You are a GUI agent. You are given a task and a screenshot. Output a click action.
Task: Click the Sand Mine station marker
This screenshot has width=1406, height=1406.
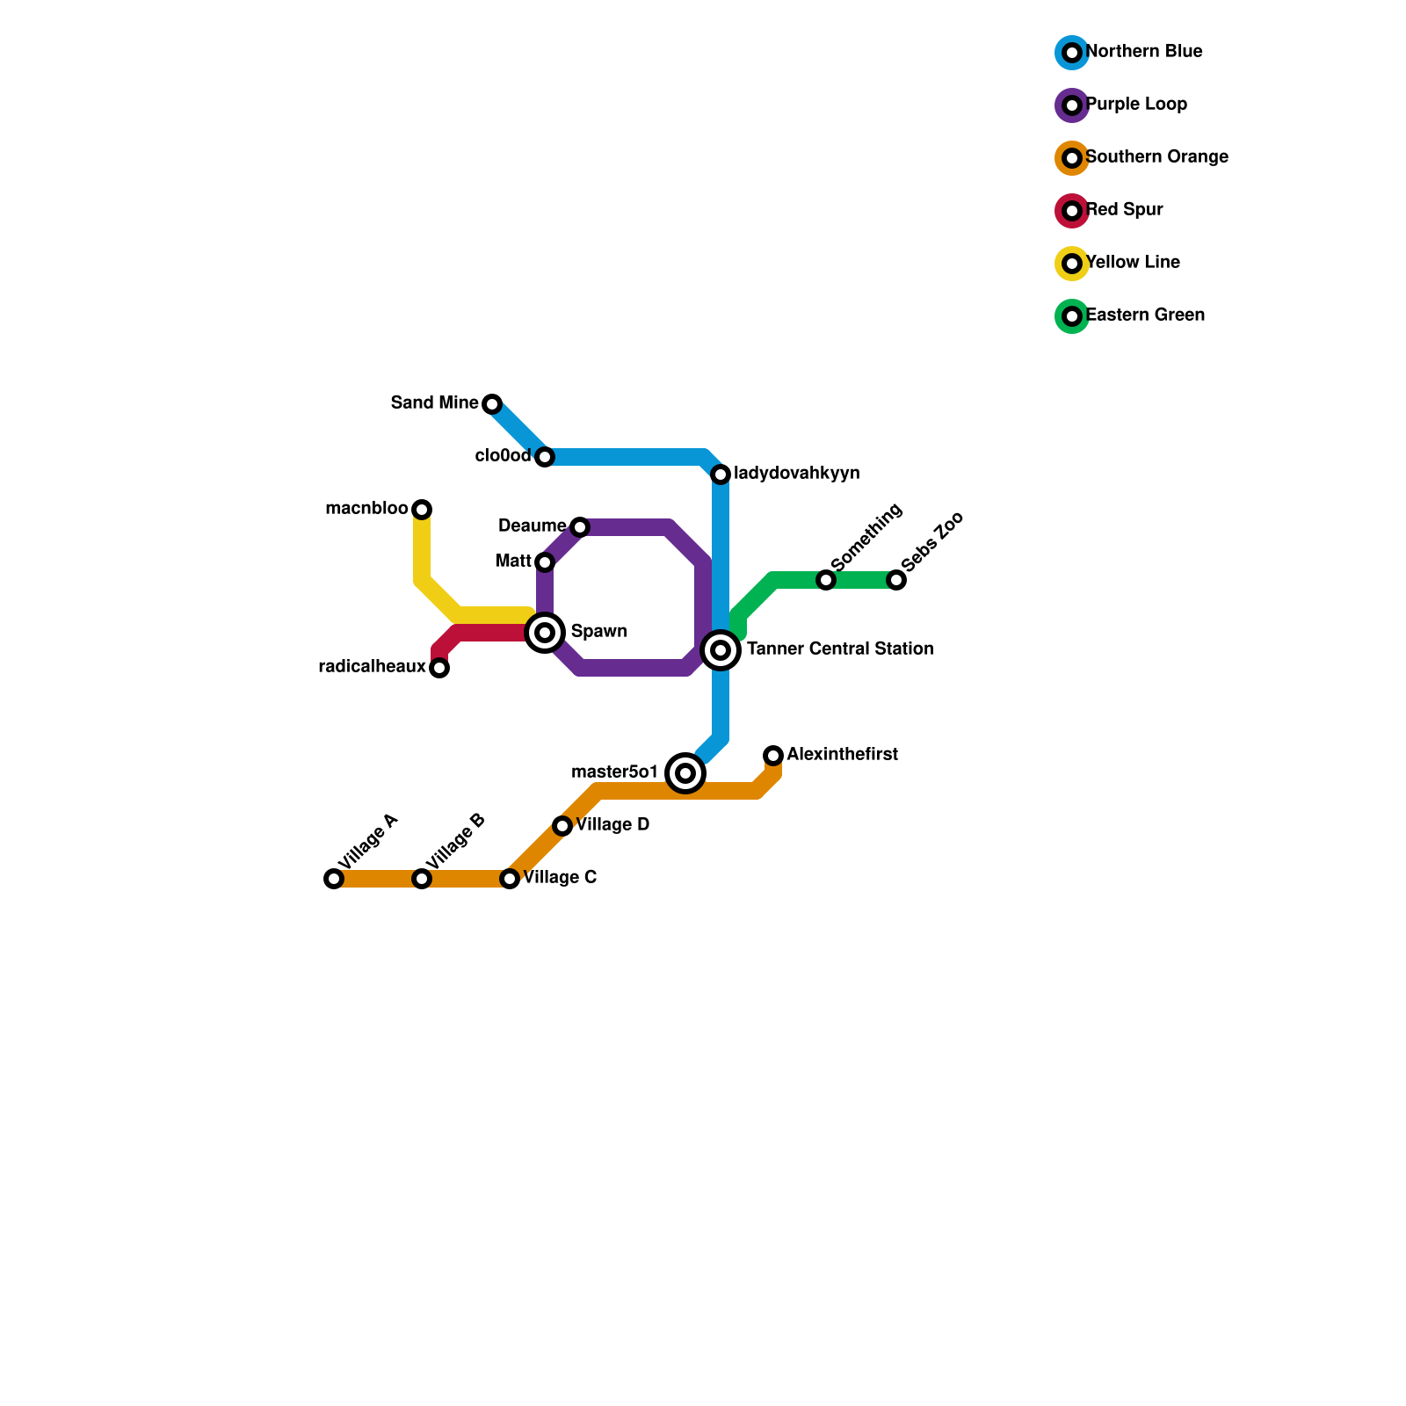pyautogui.click(x=492, y=404)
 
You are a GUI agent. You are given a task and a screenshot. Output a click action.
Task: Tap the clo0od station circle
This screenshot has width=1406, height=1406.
pyautogui.click(x=545, y=457)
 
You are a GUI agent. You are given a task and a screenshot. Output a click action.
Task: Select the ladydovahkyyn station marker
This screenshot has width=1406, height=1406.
pyautogui.click(x=721, y=475)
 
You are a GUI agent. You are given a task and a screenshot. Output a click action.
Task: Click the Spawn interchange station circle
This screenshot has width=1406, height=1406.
pyautogui.click(x=545, y=633)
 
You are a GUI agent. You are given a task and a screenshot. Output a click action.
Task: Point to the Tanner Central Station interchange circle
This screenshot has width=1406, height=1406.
pyautogui.click(x=721, y=650)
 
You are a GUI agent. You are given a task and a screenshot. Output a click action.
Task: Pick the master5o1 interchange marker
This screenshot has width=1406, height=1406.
pyautogui.click(x=685, y=773)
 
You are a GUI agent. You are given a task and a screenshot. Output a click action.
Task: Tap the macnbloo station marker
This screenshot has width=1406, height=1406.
pyautogui.click(x=422, y=510)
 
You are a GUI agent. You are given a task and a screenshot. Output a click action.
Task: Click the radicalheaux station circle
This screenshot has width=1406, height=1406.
pyautogui.click(x=439, y=668)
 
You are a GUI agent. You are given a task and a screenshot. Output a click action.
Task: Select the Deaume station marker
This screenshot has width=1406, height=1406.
pyautogui.click(x=580, y=527)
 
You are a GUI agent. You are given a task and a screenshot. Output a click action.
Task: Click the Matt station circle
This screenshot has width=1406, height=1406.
pyautogui.click(x=545, y=562)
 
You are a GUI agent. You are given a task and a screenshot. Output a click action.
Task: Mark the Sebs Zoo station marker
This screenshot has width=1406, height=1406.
pyautogui.click(x=896, y=580)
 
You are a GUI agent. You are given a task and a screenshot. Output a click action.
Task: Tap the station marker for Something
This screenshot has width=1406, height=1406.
pyautogui.click(x=826, y=580)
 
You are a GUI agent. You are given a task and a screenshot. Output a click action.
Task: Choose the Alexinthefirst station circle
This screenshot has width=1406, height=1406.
pyautogui.click(x=773, y=756)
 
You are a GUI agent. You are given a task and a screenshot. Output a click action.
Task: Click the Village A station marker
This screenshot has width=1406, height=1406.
pyautogui.click(x=334, y=879)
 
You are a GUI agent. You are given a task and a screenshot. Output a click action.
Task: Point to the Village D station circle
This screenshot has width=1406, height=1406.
pyautogui.click(x=562, y=826)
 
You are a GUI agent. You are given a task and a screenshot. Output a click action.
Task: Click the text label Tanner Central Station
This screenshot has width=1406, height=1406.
pyautogui.click(x=840, y=649)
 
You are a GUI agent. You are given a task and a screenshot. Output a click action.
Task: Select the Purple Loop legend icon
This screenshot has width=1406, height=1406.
pyautogui.click(x=1072, y=105)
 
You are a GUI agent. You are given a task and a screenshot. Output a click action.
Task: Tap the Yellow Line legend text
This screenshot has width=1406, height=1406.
pyautogui.click(x=1133, y=263)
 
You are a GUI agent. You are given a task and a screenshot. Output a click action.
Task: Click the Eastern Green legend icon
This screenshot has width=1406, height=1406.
pyautogui.click(x=1072, y=316)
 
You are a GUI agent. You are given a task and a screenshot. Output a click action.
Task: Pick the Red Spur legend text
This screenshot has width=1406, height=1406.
pyautogui.click(x=1124, y=210)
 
